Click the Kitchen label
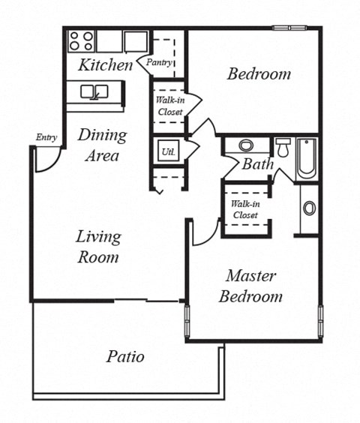tap(105, 65)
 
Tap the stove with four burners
tap(81, 40)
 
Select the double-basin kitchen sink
tap(94, 92)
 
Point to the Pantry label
tap(160, 63)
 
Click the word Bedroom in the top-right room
tap(259, 74)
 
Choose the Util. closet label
tap(166, 151)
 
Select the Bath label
tap(257, 164)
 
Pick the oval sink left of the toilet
tap(245, 145)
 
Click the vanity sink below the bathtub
tap(309, 208)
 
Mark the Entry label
tap(46, 137)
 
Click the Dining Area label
tap(102, 145)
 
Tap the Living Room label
tap(97, 247)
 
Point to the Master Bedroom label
tap(250, 286)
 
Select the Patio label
tap(124, 356)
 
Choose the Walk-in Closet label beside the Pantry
tap(169, 106)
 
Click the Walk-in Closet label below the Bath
tap(244, 209)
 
